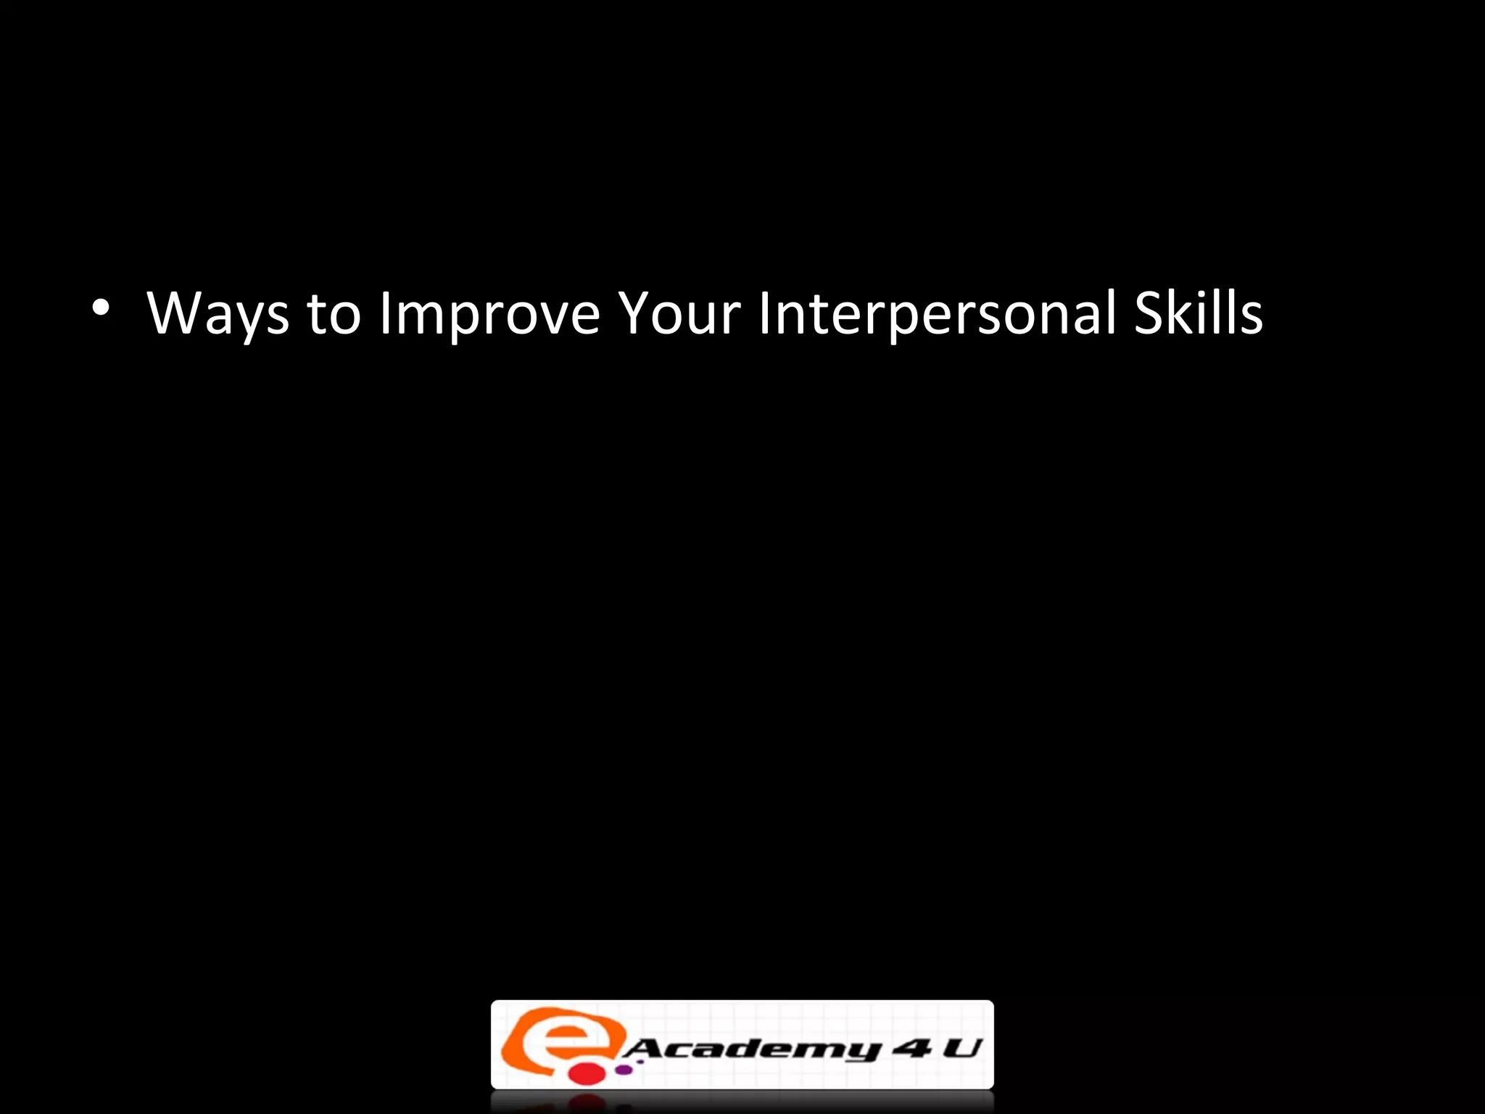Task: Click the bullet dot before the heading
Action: pos(101,308)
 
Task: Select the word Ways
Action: pos(218,314)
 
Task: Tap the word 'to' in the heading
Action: pos(334,314)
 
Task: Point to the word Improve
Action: pos(489,314)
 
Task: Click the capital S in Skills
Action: pos(1150,313)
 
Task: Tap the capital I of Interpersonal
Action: pos(764,313)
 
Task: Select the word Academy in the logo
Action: pos(750,1049)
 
